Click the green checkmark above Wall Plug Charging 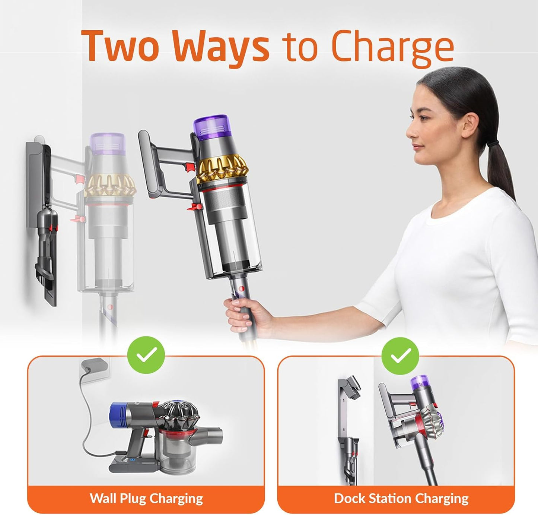pyautogui.click(x=146, y=355)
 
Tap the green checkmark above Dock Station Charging pyautogui.click(x=400, y=356)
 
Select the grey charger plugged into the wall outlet pyautogui.click(x=94, y=365)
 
